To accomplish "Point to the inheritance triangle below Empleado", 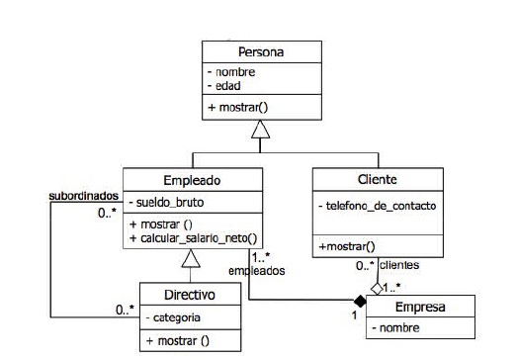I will click(x=193, y=259).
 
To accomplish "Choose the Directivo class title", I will click(x=190, y=294).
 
